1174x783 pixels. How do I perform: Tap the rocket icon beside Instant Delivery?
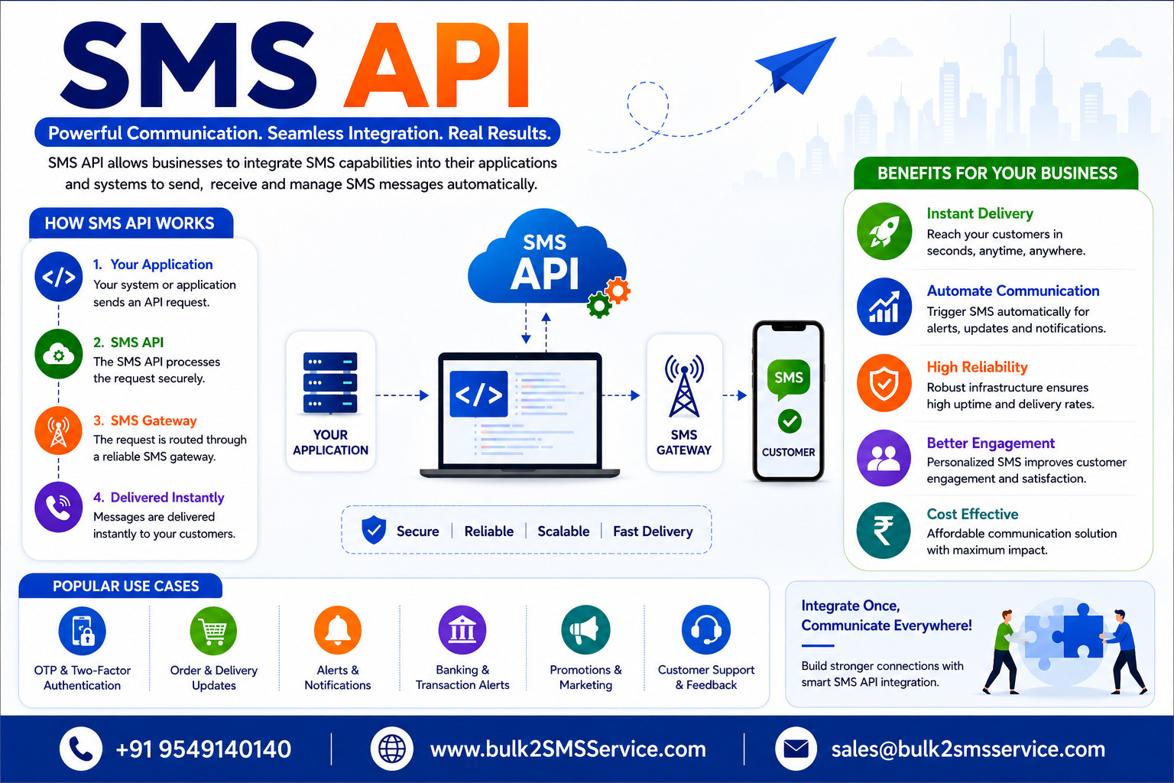click(x=884, y=231)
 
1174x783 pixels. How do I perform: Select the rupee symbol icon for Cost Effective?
click(x=884, y=530)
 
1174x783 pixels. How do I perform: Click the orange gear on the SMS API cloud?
click(x=618, y=290)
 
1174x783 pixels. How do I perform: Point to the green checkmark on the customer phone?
click(x=790, y=421)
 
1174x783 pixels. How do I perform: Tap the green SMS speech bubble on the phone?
click(x=788, y=378)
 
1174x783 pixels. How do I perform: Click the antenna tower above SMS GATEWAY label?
click(x=684, y=385)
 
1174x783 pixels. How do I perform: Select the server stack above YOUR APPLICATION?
click(x=330, y=382)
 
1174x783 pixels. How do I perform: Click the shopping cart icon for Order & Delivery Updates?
click(x=213, y=631)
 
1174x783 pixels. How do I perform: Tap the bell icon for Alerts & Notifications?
click(x=338, y=630)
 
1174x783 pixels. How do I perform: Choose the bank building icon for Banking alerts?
click(x=462, y=630)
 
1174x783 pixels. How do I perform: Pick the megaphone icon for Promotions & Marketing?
click(x=585, y=630)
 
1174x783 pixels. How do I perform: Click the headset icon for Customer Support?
click(x=706, y=630)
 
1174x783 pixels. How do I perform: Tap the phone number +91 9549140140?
click(x=203, y=749)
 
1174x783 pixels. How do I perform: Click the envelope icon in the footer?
click(x=796, y=749)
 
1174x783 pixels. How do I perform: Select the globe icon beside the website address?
click(x=391, y=749)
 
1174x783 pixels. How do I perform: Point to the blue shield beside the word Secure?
click(x=374, y=529)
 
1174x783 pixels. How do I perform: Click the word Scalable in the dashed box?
click(x=563, y=531)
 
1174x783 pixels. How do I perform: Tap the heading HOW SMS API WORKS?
click(x=129, y=223)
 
